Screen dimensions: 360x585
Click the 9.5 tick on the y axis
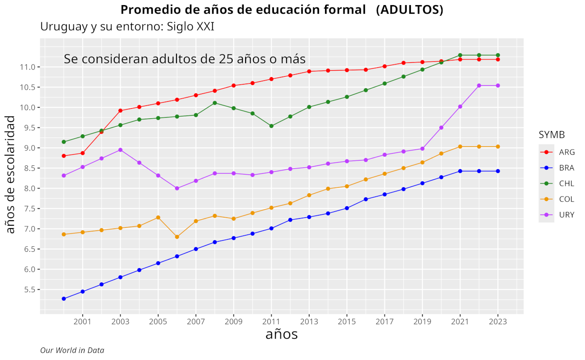click(28, 128)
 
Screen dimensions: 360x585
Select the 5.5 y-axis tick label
click(28, 289)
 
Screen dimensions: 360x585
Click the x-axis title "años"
click(281, 334)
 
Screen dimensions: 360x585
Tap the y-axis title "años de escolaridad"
click(10, 174)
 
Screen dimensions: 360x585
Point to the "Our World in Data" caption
click(72, 350)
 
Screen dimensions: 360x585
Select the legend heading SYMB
click(552, 135)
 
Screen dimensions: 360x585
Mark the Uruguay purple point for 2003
click(120, 150)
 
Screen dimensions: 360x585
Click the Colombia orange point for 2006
click(177, 237)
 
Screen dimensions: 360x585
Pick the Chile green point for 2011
click(271, 126)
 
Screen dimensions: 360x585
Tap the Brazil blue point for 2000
click(64, 299)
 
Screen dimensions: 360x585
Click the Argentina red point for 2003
click(120, 111)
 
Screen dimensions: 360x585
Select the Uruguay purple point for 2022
click(479, 85)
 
